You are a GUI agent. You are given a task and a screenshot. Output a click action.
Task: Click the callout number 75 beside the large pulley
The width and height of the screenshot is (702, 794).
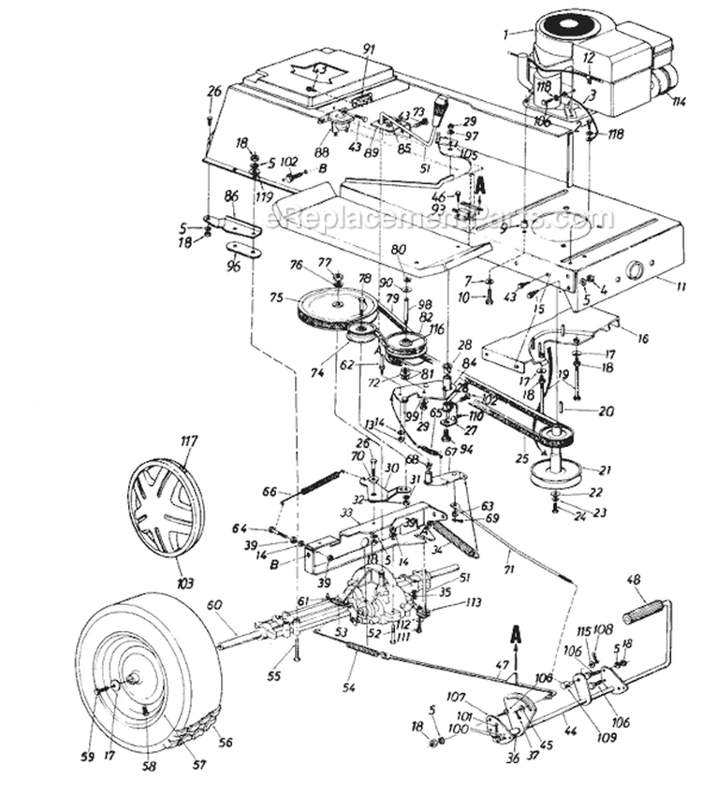pyautogui.click(x=275, y=299)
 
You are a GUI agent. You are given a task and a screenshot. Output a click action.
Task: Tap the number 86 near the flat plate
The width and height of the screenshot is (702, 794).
pyautogui.click(x=232, y=195)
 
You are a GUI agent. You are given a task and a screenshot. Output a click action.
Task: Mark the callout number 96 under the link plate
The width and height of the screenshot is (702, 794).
pyautogui.click(x=233, y=267)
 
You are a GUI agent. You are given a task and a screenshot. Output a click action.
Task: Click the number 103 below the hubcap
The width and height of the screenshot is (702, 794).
pyautogui.click(x=184, y=584)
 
